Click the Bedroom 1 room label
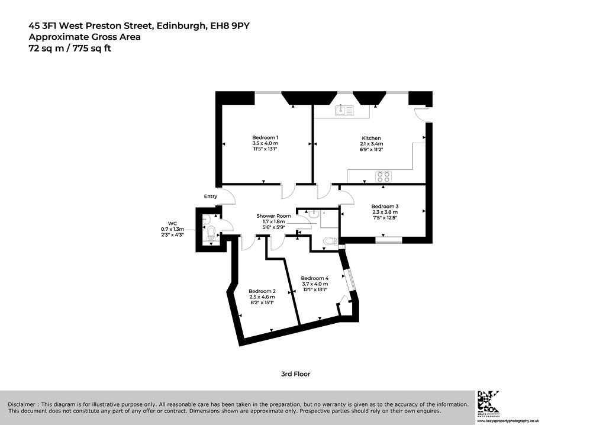[265, 137]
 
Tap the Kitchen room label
[371, 138]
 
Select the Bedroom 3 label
[385, 207]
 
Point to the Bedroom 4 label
[315, 278]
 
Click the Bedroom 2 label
[262, 291]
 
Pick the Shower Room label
[273, 216]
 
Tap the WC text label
[172, 223]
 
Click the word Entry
[211, 196]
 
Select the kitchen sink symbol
[344, 110]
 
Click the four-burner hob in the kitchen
[383, 176]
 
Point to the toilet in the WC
[211, 232]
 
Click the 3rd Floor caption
[296, 374]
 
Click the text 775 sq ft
[94, 49]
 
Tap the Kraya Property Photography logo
[488, 403]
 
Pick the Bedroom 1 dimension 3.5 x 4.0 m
[265, 143]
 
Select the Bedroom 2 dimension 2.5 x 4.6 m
[262, 297]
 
